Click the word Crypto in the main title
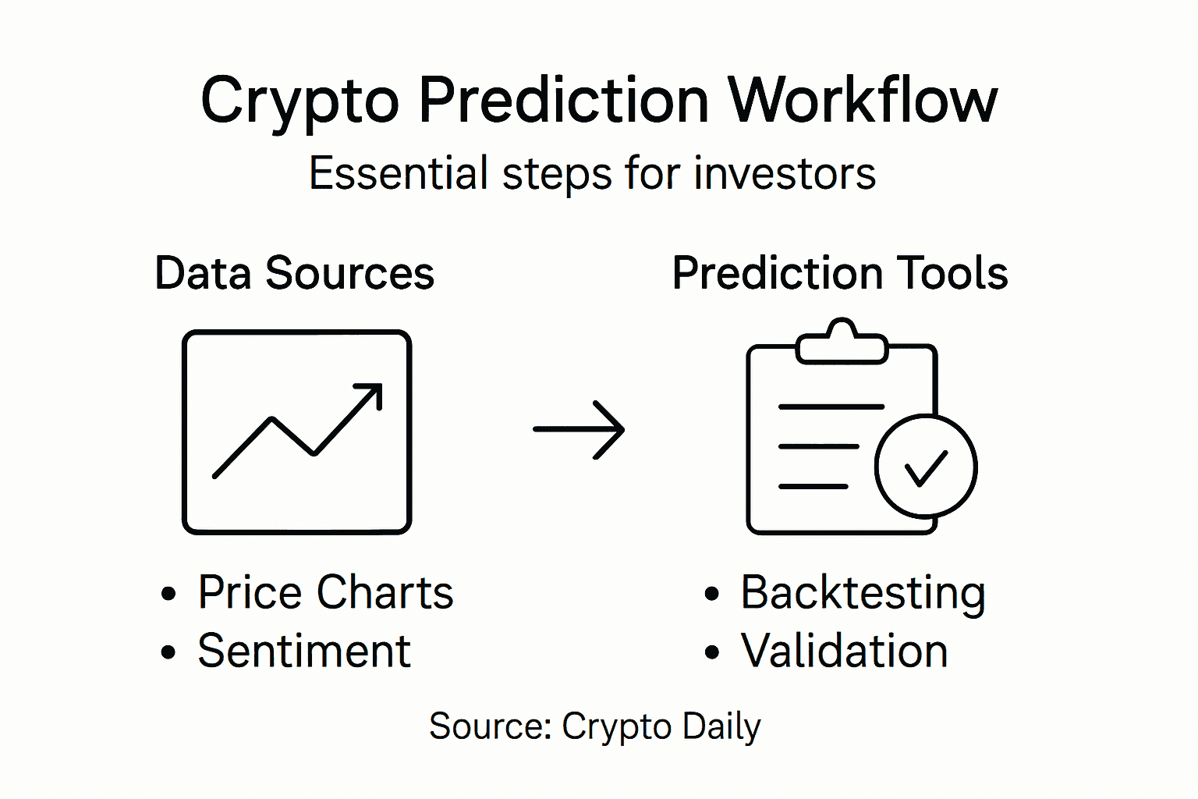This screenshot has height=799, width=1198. [x=299, y=101]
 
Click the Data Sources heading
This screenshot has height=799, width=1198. [x=294, y=273]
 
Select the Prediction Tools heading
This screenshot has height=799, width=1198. [x=840, y=273]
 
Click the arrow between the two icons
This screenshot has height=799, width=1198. [x=579, y=429]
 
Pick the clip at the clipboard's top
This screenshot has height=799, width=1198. [x=842, y=344]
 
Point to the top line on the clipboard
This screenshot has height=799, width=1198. [x=831, y=407]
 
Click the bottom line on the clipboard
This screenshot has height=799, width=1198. [x=813, y=486]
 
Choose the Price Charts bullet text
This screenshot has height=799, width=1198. [x=325, y=592]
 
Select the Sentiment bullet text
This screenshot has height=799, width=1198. [x=303, y=651]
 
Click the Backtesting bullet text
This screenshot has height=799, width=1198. [x=863, y=592]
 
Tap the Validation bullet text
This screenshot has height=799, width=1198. [x=844, y=651]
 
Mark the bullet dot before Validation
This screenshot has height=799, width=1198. [x=711, y=652]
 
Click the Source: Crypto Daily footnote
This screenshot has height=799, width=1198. [x=594, y=726]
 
